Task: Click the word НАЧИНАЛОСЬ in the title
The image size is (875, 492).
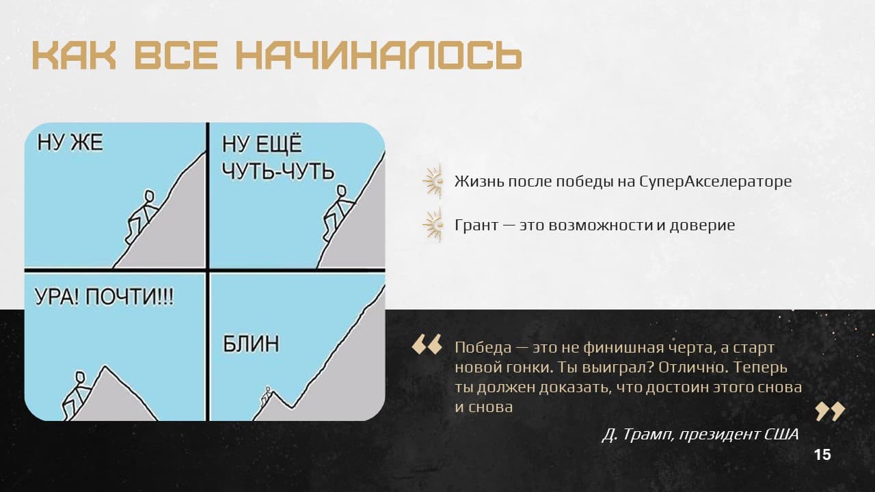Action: pos(379,55)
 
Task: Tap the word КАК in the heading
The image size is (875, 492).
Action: pos(75,55)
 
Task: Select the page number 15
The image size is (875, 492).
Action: pos(822,455)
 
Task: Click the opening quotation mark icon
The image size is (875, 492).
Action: pos(427,344)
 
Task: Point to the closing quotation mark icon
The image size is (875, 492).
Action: pos(830,411)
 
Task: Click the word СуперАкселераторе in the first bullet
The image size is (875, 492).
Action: pos(716,182)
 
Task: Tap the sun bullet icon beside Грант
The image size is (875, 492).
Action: pos(433,225)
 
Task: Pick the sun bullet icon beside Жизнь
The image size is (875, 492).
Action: pos(433,182)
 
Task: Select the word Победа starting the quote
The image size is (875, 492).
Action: pos(483,348)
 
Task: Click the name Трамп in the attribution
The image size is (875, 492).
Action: pos(647,434)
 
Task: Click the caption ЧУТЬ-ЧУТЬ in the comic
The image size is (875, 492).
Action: pos(278,171)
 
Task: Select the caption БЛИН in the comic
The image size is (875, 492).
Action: pos(251,344)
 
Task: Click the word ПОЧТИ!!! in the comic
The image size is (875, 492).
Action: pos(129,297)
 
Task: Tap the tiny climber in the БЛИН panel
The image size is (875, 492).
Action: pos(266,396)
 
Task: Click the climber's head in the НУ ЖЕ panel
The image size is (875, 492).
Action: pos(149,196)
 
